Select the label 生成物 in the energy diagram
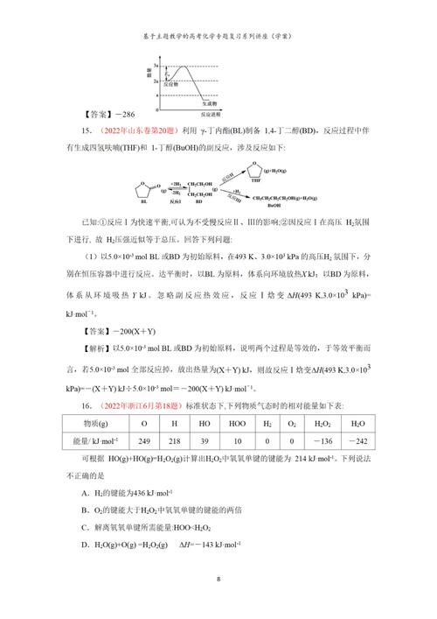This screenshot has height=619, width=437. point(223,102)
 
